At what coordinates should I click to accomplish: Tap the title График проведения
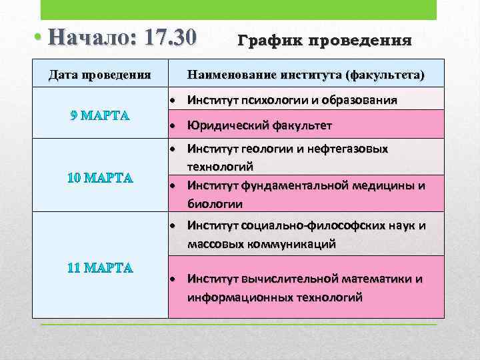(325, 41)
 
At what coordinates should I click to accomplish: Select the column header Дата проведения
(99, 74)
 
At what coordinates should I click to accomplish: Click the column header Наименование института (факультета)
(306, 74)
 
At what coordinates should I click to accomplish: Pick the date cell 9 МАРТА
(99, 114)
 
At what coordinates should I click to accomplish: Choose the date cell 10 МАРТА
(100, 178)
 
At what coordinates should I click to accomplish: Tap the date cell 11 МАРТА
(100, 268)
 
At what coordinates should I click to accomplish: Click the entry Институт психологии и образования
(293, 101)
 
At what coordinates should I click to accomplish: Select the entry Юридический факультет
(259, 126)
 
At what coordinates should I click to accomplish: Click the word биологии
(215, 203)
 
